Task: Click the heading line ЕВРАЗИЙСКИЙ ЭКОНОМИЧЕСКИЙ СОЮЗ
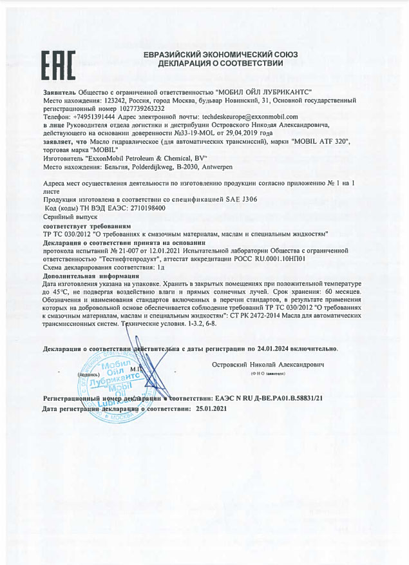point(221,55)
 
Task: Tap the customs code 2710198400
point(144,209)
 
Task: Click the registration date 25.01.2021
point(208,409)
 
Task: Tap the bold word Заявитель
point(60,93)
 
